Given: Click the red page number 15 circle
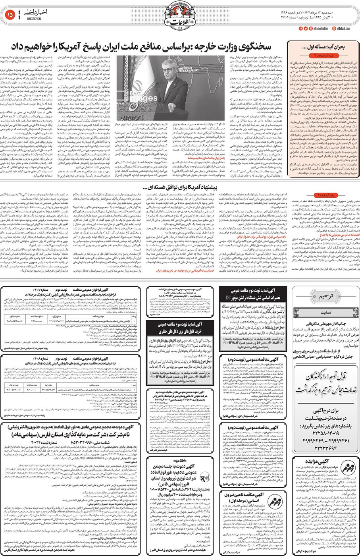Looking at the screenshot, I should point(10,15).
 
